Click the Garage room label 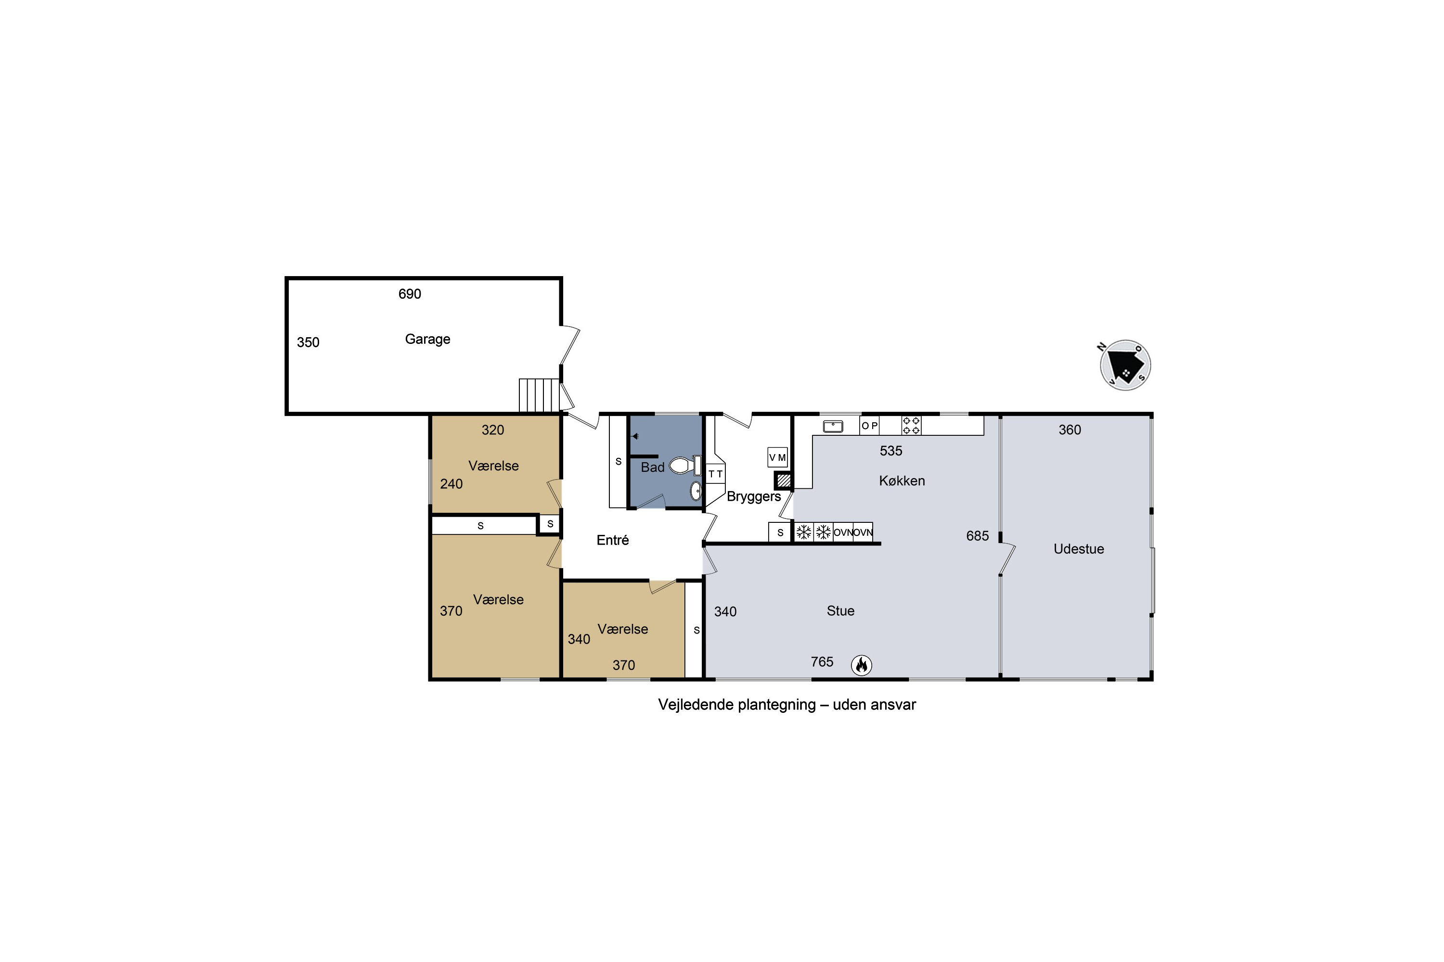click(427, 339)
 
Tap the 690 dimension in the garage click(410, 294)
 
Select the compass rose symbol click(1125, 365)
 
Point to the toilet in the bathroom click(684, 465)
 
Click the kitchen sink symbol click(833, 426)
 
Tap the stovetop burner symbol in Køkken click(911, 425)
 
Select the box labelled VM click(777, 457)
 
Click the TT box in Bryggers click(715, 474)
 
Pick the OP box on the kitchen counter click(869, 426)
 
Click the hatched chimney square click(784, 480)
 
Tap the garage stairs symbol click(539, 395)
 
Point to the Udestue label click(1079, 549)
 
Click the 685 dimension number click(978, 536)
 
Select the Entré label click(613, 540)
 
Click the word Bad click(653, 468)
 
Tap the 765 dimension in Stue click(822, 661)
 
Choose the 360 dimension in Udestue click(1070, 430)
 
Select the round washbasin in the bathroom click(696, 491)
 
